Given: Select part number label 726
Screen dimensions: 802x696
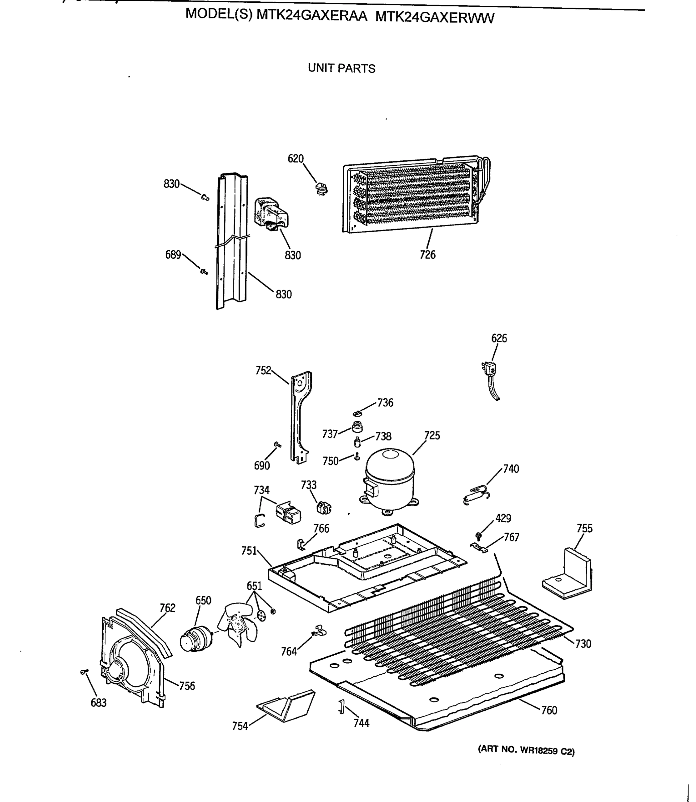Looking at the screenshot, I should tap(427, 255).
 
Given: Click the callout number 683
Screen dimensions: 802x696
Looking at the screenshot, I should tap(98, 702).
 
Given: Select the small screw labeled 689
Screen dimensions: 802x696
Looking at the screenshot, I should tap(203, 272).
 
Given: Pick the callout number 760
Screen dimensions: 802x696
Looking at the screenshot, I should tap(549, 710).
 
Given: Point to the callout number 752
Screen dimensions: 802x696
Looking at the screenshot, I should tap(263, 371).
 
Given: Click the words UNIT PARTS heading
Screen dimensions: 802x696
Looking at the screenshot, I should tap(341, 69).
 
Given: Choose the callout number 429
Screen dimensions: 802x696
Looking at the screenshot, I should tap(503, 518).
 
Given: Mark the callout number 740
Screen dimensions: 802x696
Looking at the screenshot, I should tap(511, 469).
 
